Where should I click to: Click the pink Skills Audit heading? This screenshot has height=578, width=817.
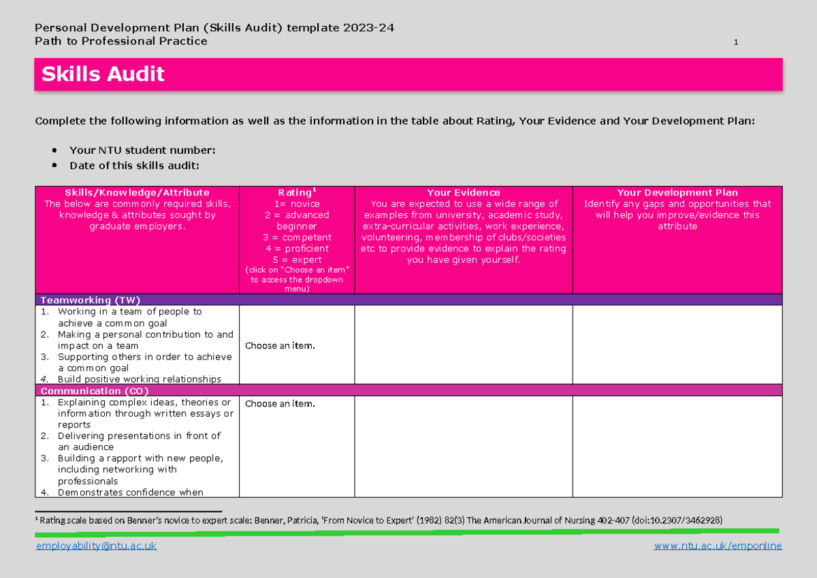(x=103, y=74)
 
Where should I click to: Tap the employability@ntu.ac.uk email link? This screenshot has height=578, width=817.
(x=96, y=546)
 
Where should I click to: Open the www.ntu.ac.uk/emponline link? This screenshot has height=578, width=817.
(x=718, y=546)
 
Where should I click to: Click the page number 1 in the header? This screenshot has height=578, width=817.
(x=736, y=43)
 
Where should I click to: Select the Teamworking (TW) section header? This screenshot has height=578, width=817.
(x=91, y=300)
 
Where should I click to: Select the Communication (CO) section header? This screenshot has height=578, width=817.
(x=95, y=391)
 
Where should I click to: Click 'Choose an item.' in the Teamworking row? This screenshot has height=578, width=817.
(x=280, y=346)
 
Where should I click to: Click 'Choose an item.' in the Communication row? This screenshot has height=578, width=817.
(x=280, y=404)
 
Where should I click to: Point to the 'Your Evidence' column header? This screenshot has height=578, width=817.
(x=463, y=193)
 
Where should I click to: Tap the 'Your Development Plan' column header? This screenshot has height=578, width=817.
(x=677, y=193)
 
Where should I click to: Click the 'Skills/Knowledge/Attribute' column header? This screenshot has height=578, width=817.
(x=137, y=193)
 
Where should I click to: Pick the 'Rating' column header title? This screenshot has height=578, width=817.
(x=295, y=193)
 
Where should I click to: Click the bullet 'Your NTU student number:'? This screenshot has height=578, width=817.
(x=142, y=150)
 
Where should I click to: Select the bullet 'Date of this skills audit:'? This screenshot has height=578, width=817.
(x=134, y=165)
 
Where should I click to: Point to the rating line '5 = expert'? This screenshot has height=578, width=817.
(x=296, y=259)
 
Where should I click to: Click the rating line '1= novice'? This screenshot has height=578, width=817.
(x=296, y=204)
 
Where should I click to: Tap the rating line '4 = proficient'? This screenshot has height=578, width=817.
(x=296, y=248)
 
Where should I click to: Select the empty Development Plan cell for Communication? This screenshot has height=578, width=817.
(x=677, y=446)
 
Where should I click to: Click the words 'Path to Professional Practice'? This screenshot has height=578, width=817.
(x=121, y=41)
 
